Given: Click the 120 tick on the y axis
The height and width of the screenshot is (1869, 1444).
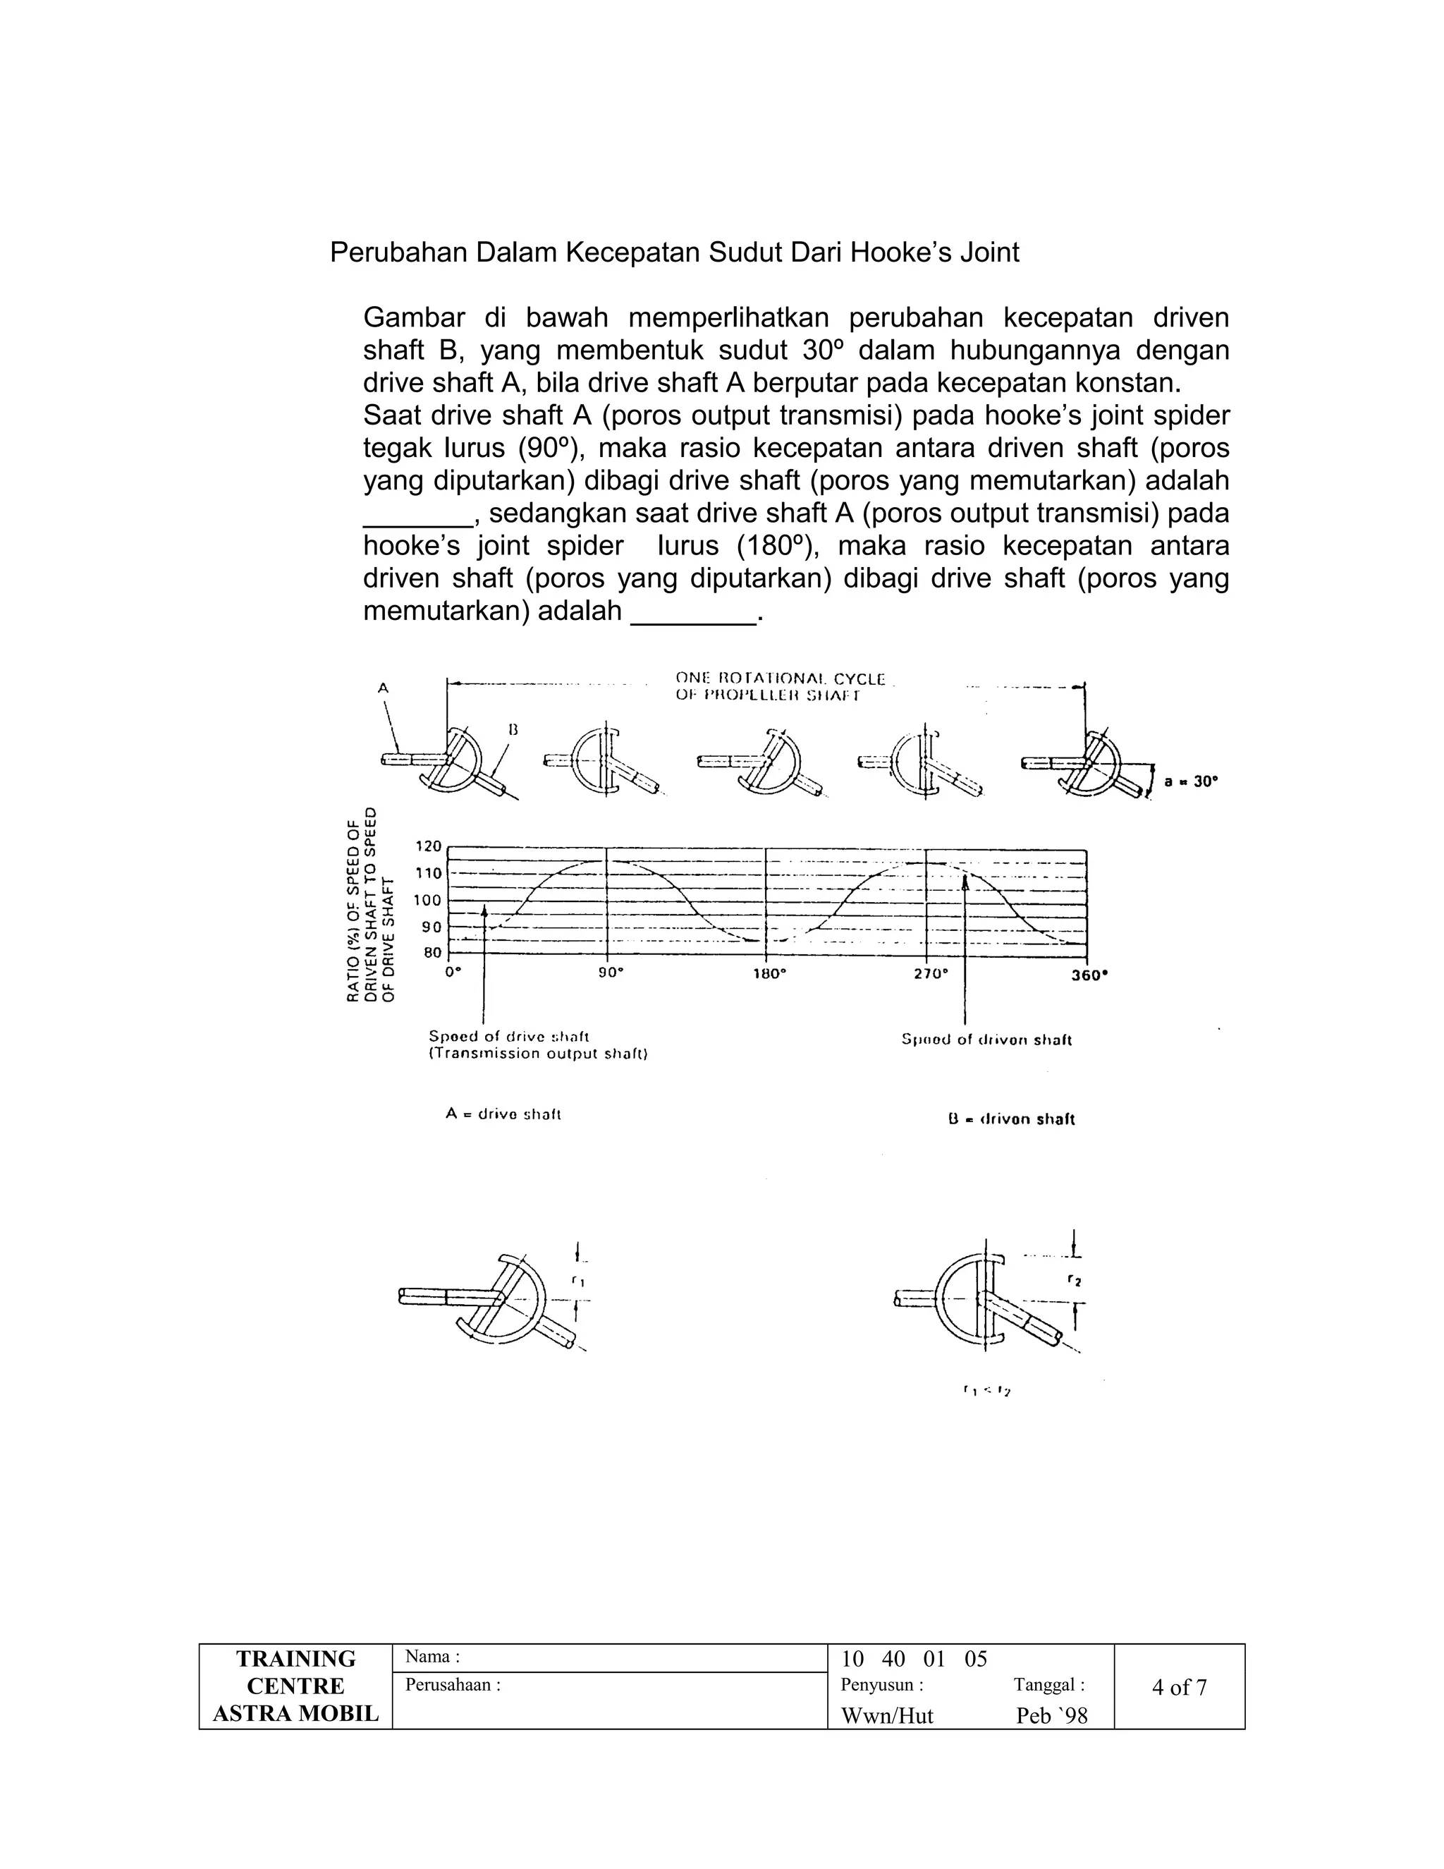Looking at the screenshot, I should coord(428,846).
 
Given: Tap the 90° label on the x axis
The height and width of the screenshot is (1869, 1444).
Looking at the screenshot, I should coord(610,974).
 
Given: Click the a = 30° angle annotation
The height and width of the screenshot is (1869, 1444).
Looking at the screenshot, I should coord(1191,781).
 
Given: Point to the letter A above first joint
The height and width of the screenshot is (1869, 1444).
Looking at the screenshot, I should coord(384,686).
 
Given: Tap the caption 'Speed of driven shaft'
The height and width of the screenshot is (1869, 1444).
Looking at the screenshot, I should coord(986,1040).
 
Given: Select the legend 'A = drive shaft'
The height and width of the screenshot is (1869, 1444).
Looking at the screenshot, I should coord(502,1114).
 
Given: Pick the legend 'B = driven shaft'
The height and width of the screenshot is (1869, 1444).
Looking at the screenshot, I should coord(1011,1119).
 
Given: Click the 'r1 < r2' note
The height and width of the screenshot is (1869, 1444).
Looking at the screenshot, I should coord(986,1391).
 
